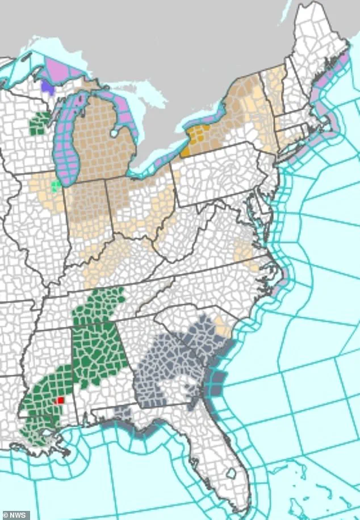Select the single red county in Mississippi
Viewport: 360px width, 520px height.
(x=60, y=400)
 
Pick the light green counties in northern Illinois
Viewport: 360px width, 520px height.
(x=55, y=186)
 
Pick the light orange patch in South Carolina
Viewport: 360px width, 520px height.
(x=220, y=327)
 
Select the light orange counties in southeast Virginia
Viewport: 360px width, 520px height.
(x=246, y=249)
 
